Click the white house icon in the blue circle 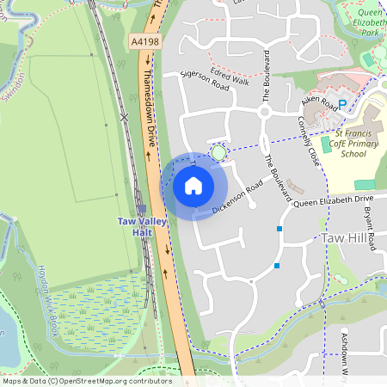pyautogui.click(x=193, y=186)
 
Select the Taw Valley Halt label pyautogui.click(x=141, y=226)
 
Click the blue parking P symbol pyautogui.click(x=341, y=104)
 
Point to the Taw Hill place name pyautogui.click(x=347, y=236)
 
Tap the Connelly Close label pyautogui.click(x=310, y=143)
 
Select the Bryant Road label pyautogui.click(x=372, y=228)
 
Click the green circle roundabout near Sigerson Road pyautogui.click(x=218, y=153)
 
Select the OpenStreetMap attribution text pyautogui.click(x=87, y=381)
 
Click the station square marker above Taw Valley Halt pyautogui.click(x=141, y=207)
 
